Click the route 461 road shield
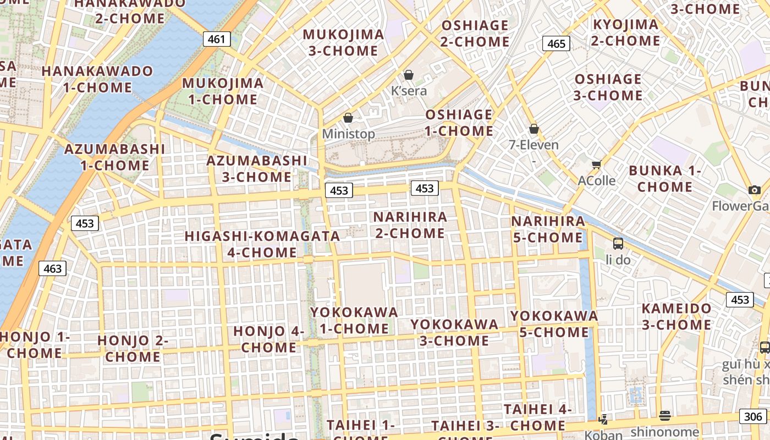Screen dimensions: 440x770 pyautogui.click(x=216, y=39)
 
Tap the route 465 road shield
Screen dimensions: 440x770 pyautogui.click(x=556, y=43)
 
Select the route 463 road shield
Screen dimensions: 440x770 pyautogui.click(x=52, y=268)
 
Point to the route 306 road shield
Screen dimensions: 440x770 pyautogui.click(x=752, y=416)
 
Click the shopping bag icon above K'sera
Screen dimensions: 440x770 pyautogui.click(x=409, y=74)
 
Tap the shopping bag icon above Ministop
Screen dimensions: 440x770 pyautogui.click(x=348, y=118)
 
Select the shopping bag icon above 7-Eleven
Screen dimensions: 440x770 pyautogui.click(x=533, y=129)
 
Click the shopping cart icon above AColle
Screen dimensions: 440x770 pyautogui.click(x=596, y=164)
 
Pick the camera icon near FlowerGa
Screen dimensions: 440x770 pyautogui.click(x=755, y=190)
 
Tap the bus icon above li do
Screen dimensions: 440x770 pyautogui.click(x=618, y=243)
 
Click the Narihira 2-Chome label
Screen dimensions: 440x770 pyautogui.click(x=410, y=225)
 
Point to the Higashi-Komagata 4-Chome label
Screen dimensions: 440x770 pyautogui.click(x=262, y=244)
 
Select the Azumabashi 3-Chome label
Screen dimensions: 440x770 pyautogui.click(x=256, y=169)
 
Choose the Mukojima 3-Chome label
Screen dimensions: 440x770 pyautogui.click(x=343, y=42)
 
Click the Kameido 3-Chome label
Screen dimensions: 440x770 pyautogui.click(x=676, y=316)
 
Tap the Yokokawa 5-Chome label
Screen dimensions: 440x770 pyautogui.click(x=554, y=324)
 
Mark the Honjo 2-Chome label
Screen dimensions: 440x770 pyautogui.click(x=133, y=348)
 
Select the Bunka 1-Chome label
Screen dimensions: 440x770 pyautogui.click(x=665, y=178)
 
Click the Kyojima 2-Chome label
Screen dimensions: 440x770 pyautogui.click(x=625, y=32)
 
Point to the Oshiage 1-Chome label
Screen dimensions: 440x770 pyautogui.click(x=459, y=123)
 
